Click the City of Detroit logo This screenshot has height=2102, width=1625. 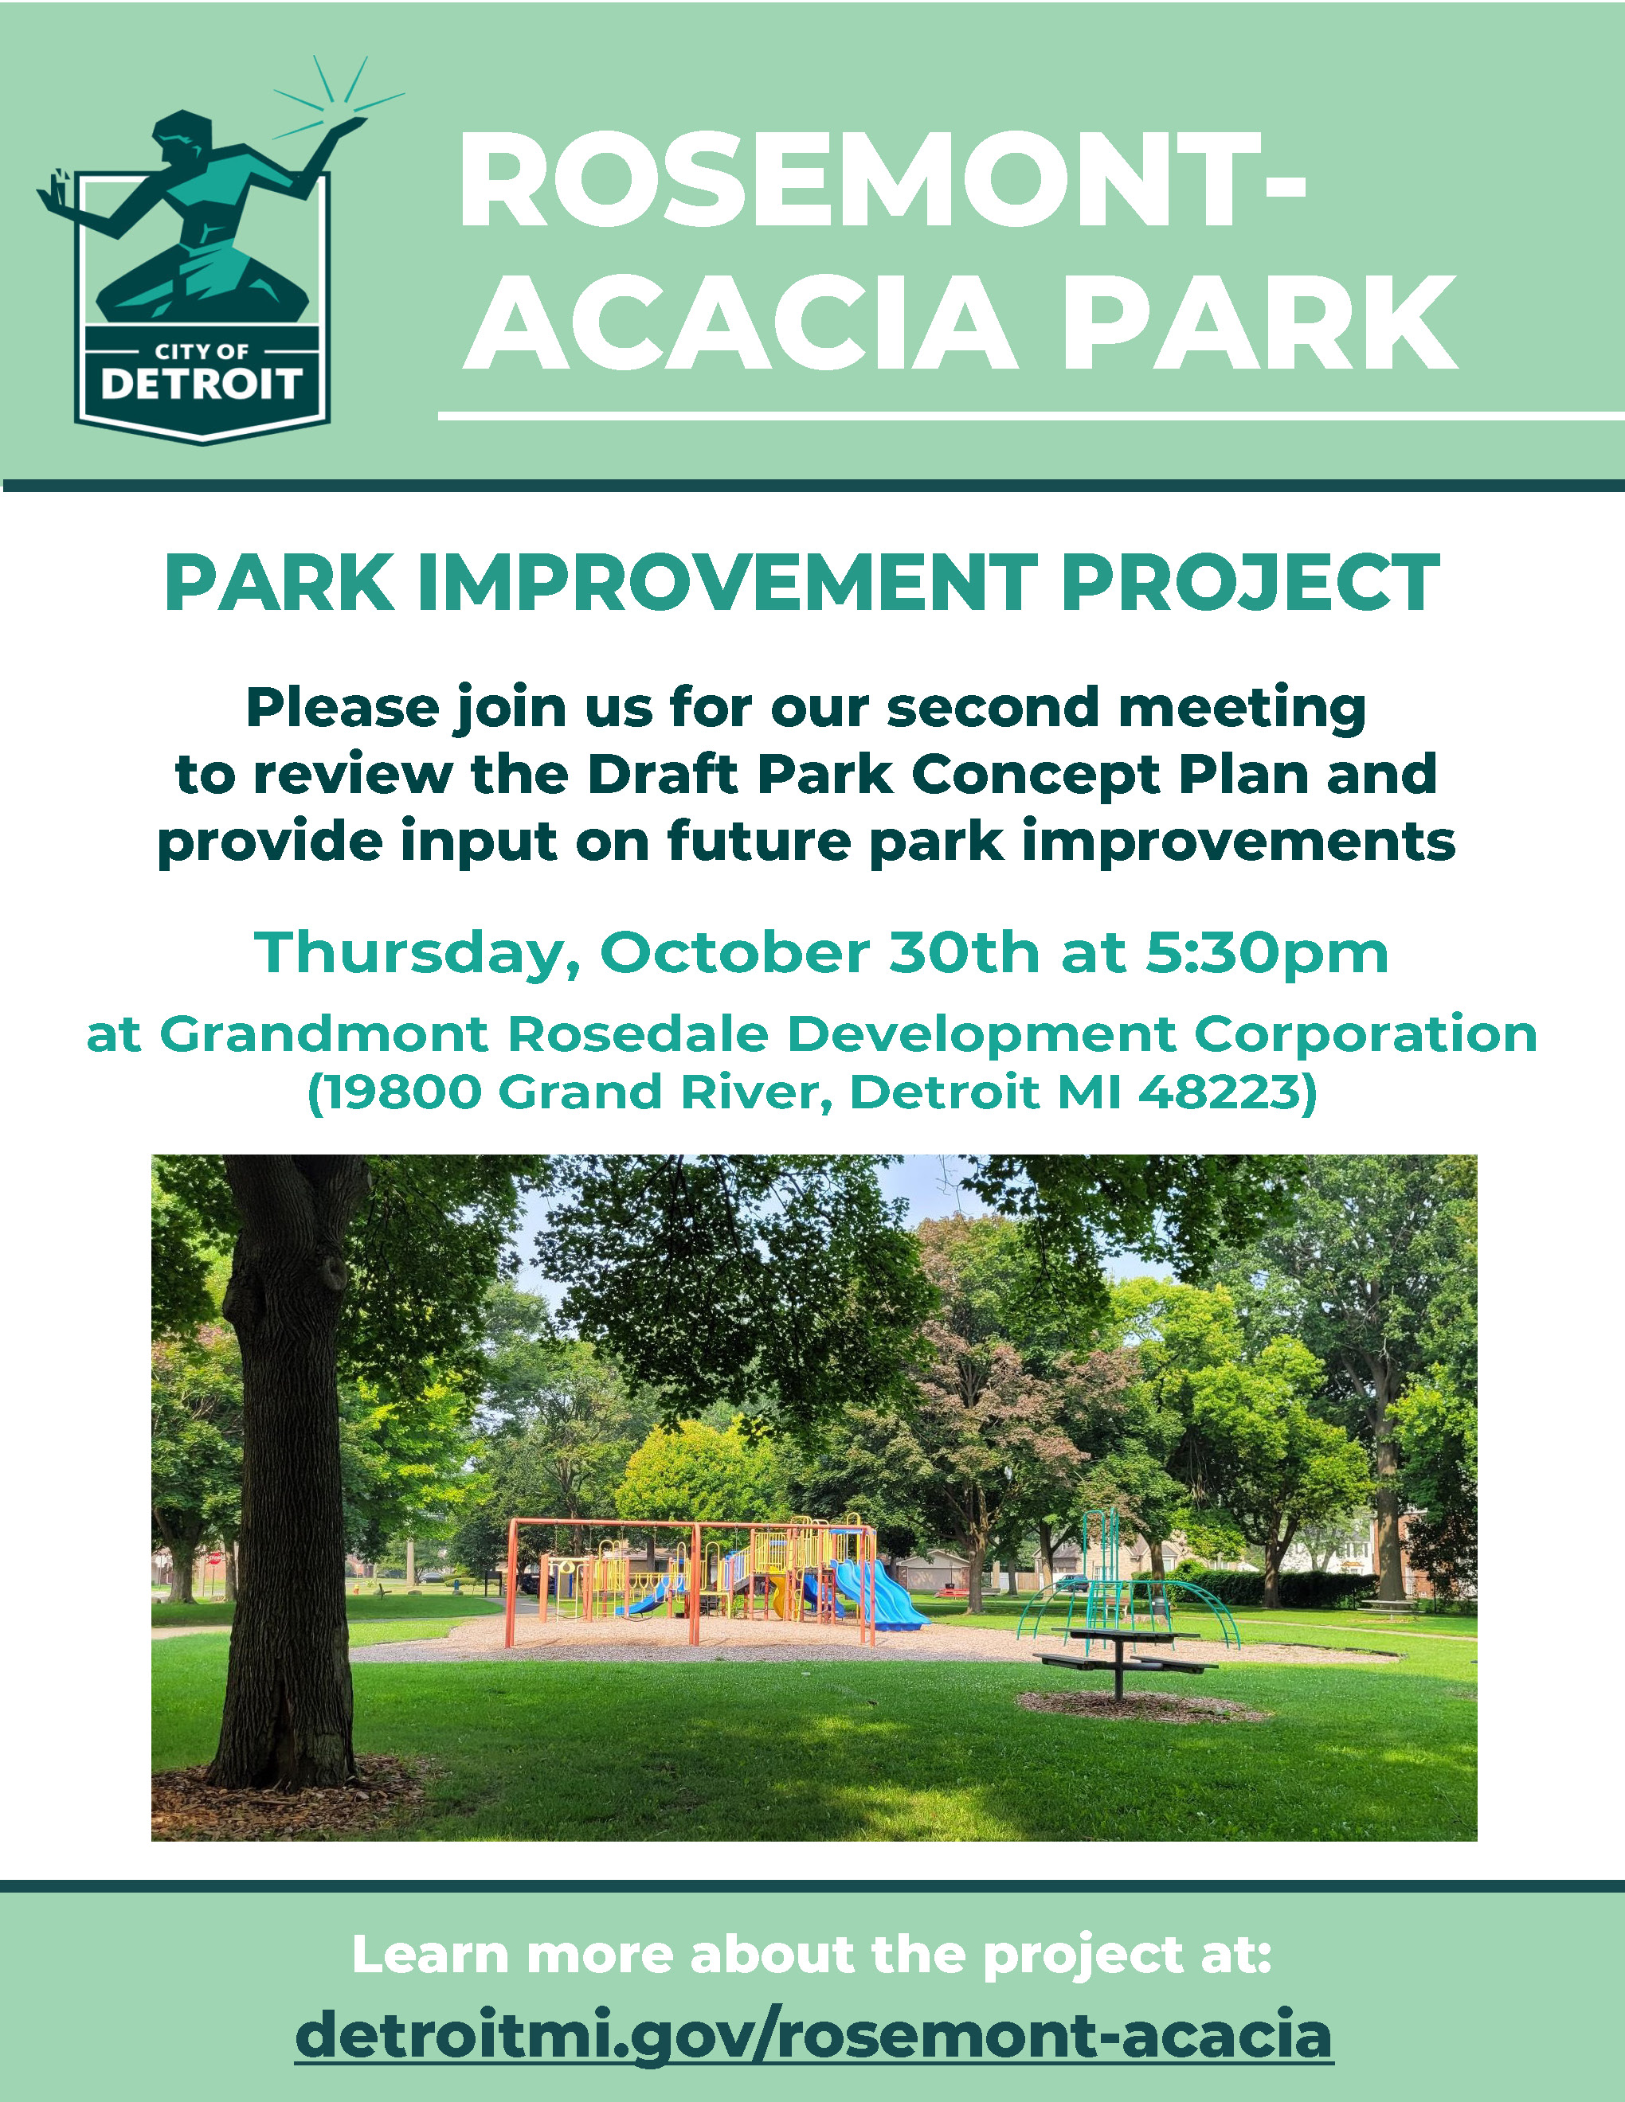tap(202, 250)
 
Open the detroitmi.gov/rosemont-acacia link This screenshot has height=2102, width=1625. tap(813, 2033)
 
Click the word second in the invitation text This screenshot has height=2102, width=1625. tap(993, 707)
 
